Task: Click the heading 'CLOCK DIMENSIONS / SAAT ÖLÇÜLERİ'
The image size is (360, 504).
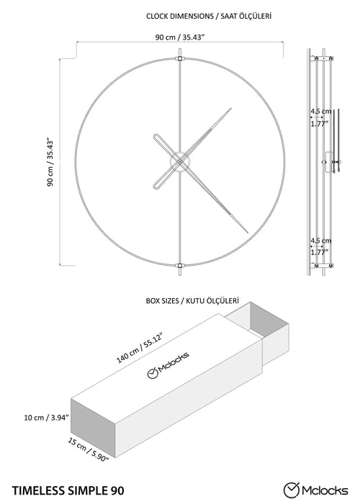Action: pos(209,16)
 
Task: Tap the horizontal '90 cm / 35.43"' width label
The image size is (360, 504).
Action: pos(180,37)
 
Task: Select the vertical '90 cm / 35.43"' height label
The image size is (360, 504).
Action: pos(50,163)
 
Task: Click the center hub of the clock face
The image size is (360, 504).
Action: pos(180,162)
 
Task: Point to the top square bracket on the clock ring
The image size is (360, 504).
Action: pos(180,58)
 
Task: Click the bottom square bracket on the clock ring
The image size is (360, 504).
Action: pos(180,266)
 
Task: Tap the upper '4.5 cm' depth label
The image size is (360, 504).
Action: pos(321,112)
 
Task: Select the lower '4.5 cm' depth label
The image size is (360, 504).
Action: pos(321,240)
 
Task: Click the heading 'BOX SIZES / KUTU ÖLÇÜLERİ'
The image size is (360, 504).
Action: pos(192,301)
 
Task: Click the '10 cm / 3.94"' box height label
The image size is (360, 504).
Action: pos(47,418)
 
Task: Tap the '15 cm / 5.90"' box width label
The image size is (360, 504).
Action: pos(88,449)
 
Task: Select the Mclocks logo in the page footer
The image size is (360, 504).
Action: pos(315,490)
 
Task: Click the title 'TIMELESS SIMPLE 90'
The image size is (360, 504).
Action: pos(68,491)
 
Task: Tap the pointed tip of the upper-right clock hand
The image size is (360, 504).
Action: pos(231,108)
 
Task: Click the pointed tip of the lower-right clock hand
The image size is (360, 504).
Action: pos(248,233)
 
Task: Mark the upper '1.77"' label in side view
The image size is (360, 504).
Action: pos(318,123)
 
